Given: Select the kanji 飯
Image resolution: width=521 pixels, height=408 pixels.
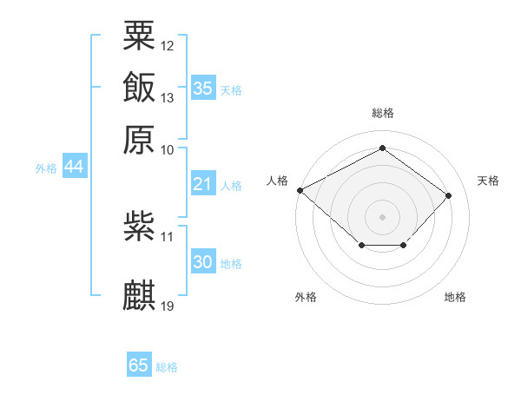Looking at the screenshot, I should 139,88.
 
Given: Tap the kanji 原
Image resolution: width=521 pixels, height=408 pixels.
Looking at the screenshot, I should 139,140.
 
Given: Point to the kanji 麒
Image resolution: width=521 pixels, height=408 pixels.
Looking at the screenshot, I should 139,296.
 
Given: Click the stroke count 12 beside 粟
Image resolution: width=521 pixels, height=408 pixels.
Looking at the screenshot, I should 168,45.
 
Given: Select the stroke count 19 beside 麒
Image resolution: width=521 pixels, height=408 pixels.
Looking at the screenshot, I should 168,306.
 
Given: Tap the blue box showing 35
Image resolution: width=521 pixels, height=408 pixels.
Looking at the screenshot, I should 203,88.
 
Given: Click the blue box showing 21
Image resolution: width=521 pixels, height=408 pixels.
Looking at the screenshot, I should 202,184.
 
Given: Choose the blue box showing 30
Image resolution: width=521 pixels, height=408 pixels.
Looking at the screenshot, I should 202,262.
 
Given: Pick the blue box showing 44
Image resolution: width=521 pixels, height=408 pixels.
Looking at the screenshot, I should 74,167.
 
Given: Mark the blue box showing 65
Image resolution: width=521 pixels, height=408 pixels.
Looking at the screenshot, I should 139,365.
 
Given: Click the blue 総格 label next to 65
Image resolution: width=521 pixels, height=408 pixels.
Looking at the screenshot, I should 167,367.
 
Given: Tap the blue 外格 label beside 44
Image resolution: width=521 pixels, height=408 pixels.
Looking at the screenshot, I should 46,168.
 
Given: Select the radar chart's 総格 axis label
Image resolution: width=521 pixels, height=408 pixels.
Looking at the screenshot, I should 382,113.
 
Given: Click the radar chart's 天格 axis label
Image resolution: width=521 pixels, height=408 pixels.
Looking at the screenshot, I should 488,181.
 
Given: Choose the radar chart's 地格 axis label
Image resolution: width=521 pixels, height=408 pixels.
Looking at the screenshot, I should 455,297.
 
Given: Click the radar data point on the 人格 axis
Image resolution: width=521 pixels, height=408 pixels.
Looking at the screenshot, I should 300,190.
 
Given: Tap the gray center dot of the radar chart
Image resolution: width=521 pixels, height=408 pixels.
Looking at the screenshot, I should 382,216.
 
